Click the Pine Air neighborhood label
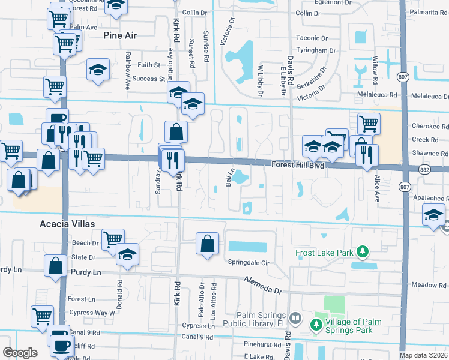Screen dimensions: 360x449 click(x=120, y=35)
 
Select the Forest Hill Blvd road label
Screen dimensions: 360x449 click(x=298, y=164)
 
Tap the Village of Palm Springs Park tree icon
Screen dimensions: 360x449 click(x=316, y=324)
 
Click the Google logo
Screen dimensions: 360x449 click(x=20, y=352)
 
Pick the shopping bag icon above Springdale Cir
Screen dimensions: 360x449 click(x=207, y=244)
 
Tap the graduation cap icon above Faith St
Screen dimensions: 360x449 click(x=98, y=70)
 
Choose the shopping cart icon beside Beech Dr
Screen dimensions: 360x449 click(x=113, y=239)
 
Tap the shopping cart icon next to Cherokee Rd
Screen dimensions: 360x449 click(x=369, y=124)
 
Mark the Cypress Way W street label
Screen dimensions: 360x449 click(x=92, y=313)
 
